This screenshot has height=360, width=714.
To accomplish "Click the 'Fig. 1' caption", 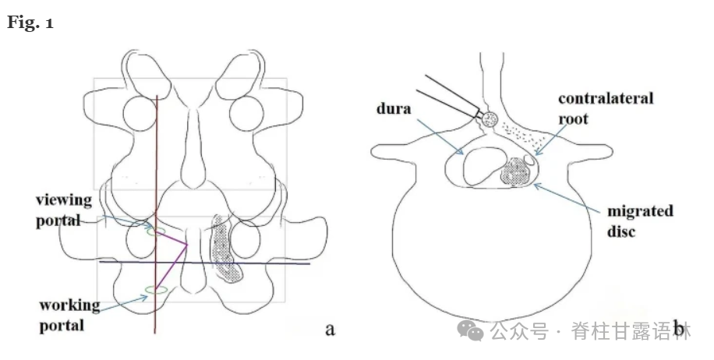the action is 30,23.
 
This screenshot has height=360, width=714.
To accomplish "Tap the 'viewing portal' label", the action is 64,210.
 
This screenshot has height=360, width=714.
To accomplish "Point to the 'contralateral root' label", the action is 605,109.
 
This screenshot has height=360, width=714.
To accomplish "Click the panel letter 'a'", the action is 330,329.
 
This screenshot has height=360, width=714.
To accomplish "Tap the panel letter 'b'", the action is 680,331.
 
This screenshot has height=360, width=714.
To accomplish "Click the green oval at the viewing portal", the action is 154,231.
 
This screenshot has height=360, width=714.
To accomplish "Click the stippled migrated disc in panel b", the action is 515,171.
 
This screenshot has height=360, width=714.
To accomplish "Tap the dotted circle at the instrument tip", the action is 490,119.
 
